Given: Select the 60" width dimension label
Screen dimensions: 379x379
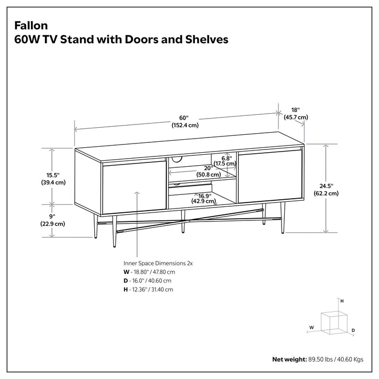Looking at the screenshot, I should (184, 118).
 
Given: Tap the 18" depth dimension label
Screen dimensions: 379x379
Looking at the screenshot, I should (295, 109).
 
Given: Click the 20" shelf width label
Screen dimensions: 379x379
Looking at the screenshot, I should (207, 168).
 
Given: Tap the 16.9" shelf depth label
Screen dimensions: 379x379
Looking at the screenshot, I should (204, 195).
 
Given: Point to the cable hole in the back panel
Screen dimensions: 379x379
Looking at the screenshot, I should (178, 159).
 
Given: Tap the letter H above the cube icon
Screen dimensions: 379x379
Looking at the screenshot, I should (342, 300).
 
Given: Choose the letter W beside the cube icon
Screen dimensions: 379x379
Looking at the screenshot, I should (311, 327).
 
